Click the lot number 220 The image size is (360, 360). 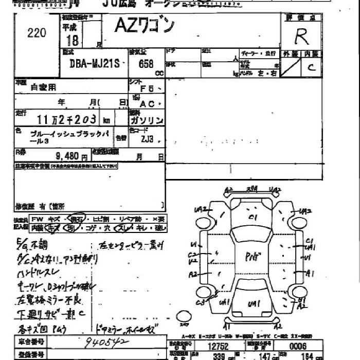click(x=36, y=33)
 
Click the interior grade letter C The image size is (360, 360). click(x=311, y=67)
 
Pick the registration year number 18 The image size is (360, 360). click(x=73, y=41)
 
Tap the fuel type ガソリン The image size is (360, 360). click(x=147, y=120)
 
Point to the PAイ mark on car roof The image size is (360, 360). click(x=252, y=255)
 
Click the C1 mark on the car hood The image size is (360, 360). click(x=253, y=218)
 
